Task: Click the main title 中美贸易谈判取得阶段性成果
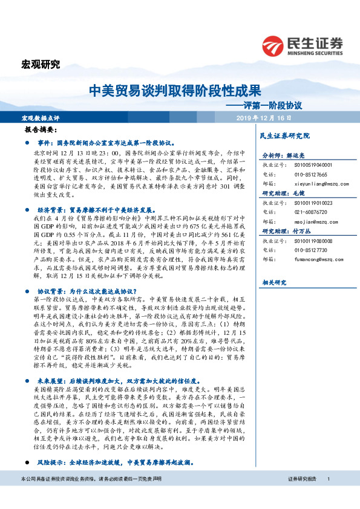tap(175, 91)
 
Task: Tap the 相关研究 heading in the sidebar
tap(273, 283)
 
